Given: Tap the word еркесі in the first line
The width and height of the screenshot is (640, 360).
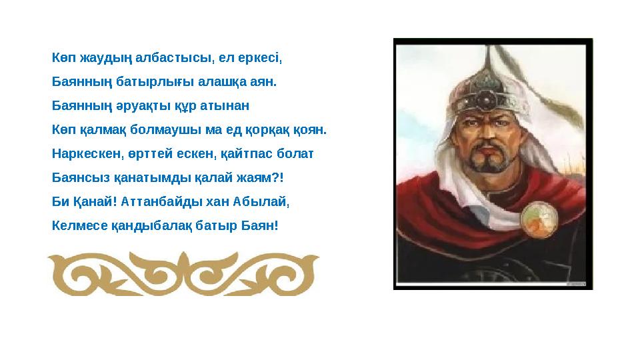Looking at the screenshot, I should coord(263,58).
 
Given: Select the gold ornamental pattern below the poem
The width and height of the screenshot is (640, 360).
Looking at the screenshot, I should coord(186,273).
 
